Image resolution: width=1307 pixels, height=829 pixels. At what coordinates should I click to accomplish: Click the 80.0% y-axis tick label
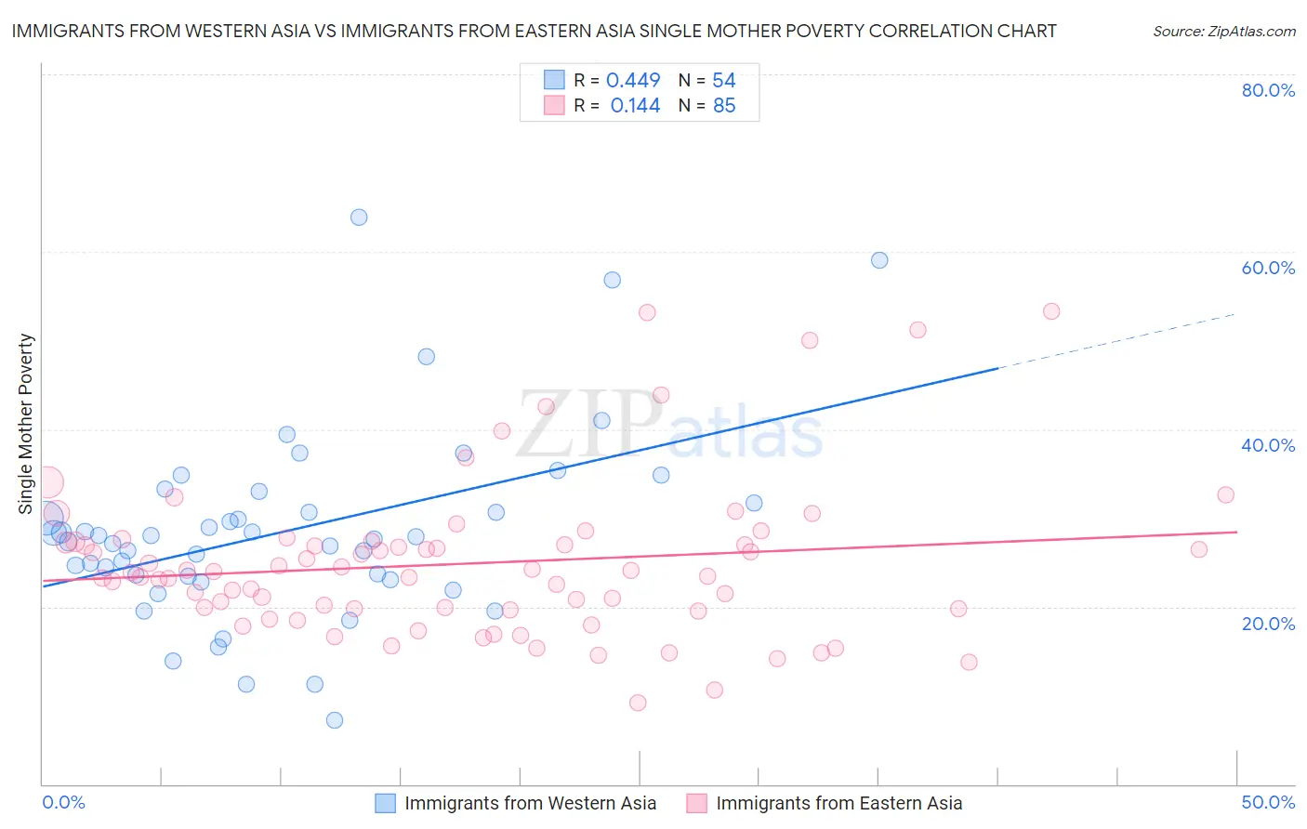tap(1268, 90)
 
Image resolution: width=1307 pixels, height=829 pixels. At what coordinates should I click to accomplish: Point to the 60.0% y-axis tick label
tap(1268, 268)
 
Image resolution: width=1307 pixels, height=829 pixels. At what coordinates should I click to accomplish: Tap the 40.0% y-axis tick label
tap(1268, 445)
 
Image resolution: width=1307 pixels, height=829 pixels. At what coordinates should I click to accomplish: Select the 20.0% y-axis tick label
tap(1268, 623)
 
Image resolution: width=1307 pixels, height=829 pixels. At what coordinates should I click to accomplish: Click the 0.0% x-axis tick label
tap(63, 802)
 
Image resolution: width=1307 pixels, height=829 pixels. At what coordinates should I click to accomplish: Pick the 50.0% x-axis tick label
tap(1268, 802)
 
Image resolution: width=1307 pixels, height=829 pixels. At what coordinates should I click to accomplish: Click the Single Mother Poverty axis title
tap(25, 424)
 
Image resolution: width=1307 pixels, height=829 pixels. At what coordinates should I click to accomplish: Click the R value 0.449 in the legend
tap(633, 81)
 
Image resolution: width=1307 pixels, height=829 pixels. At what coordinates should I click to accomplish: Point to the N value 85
tap(724, 106)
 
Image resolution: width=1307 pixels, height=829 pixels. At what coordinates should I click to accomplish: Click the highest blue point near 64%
tap(359, 217)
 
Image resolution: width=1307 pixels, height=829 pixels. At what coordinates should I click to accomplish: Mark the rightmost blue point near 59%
tap(879, 260)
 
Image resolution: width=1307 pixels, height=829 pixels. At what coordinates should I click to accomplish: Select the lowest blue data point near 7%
tap(335, 720)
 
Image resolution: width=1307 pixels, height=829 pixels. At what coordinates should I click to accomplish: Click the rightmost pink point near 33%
tap(1226, 495)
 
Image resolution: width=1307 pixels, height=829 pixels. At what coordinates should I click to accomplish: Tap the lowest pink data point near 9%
tap(638, 703)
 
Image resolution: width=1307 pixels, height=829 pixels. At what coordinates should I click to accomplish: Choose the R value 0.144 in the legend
tap(635, 106)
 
